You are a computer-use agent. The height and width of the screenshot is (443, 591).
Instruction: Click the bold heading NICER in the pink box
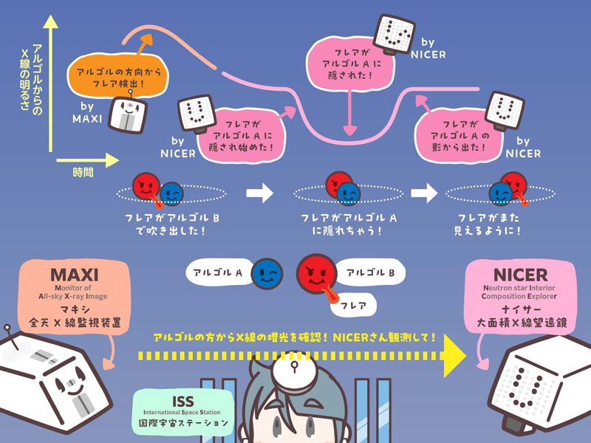click(x=516, y=272)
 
